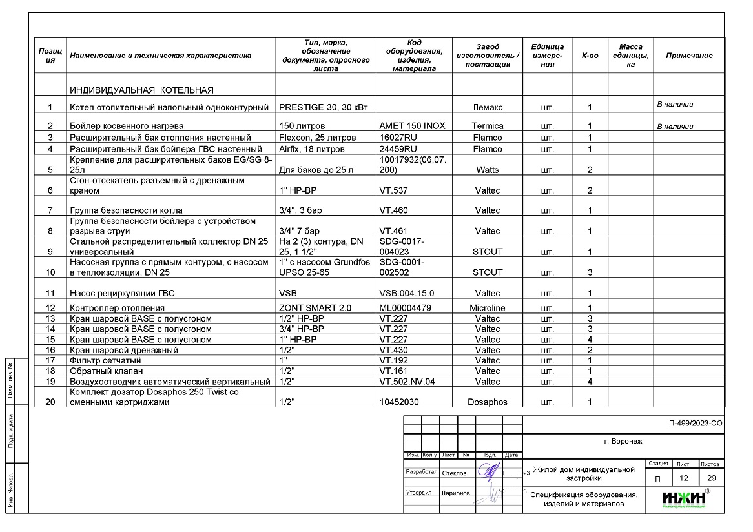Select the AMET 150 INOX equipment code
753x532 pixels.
[x=411, y=126]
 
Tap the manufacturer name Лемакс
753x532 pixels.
[x=488, y=107]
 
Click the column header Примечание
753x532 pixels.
[x=689, y=56]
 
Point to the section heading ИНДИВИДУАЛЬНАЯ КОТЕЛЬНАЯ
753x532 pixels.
[x=141, y=90]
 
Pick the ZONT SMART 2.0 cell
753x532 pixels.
[x=315, y=308]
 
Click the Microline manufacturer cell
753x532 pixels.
[x=488, y=308]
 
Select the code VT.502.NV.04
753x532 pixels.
[x=407, y=382]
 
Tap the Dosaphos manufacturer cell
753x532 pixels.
[x=488, y=402]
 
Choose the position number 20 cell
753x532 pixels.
[x=50, y=402]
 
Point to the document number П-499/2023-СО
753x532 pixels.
[x=696, y=424]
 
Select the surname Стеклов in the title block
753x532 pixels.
[x=454, y=473]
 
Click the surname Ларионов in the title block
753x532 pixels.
[x=456, y=493]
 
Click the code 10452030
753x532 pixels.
[x=399, y=402]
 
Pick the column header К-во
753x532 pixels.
[x=590, y=56]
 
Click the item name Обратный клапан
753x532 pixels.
[x=106, y=371]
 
